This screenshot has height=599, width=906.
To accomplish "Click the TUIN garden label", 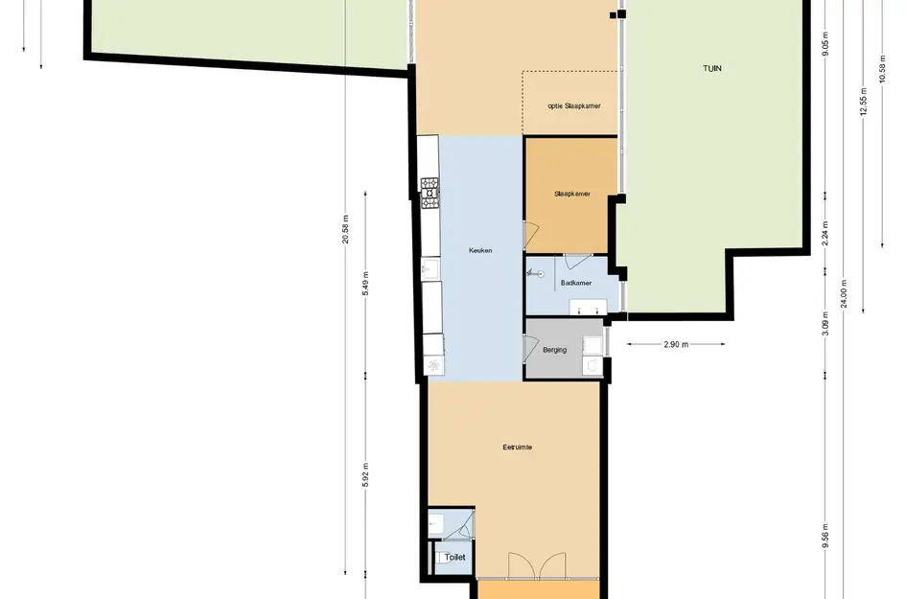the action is click(711, 68).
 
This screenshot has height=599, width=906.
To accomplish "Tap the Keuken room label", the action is click(480, 251).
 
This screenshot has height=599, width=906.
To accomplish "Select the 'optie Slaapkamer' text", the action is click(573, 105).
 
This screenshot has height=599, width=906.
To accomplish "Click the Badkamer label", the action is click(576, 283).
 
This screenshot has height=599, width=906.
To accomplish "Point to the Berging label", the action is click(555, 350).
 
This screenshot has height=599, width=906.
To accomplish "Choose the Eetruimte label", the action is click(517, 447).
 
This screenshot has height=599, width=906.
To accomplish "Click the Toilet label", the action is click(454, 558).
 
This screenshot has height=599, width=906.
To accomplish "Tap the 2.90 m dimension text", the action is click(676, 344).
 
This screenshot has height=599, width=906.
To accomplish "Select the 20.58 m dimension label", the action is click(345, 229).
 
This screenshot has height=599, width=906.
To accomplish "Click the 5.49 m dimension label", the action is click(365, 283).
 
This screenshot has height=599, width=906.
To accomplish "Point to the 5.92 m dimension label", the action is click(365, 474).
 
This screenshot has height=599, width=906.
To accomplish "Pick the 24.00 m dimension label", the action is click(844, 293).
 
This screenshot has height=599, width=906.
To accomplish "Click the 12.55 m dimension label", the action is click(863, 101).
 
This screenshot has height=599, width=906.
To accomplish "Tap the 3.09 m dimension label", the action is click(825, 324).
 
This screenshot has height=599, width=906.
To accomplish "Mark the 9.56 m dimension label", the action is click(825, 536).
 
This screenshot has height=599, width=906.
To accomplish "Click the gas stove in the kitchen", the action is click(430, 193).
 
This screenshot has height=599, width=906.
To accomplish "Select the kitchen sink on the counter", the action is click(430, 269).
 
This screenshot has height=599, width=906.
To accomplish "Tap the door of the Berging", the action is click(530, 348).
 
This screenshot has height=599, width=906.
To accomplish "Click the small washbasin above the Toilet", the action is click(435, 522).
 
